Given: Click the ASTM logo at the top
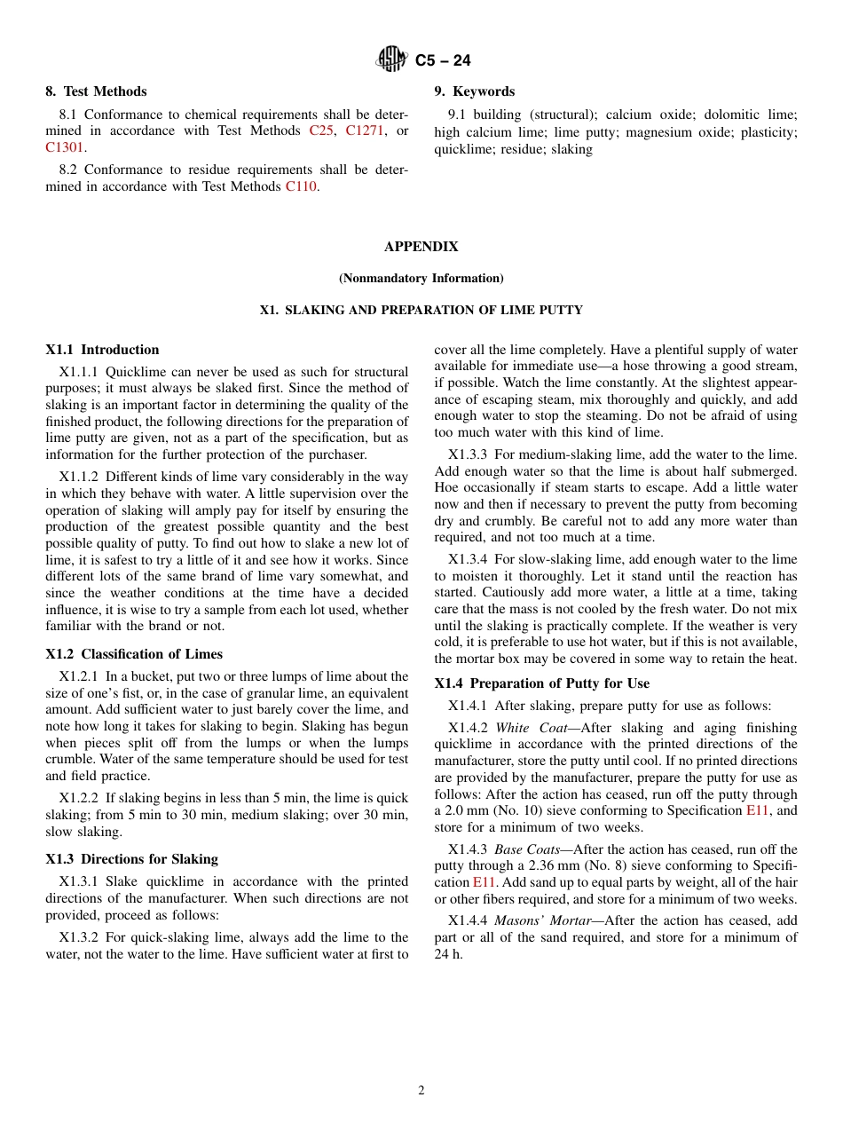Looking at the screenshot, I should (390, 59).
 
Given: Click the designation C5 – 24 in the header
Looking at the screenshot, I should (443, 60).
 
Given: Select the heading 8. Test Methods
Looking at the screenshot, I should (96, 91).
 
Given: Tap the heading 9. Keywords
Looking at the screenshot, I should (474, 91).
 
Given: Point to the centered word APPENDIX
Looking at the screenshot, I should (421, 247).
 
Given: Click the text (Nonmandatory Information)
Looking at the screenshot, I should (421, 279).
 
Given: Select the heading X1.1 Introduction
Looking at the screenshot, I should (102, 350).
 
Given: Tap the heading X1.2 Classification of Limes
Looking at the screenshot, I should (134, 654).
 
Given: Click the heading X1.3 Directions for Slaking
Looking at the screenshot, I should (131, 859).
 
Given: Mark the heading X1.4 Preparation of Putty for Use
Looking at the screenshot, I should (541, 683).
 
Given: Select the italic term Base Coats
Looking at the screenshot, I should (526, 849).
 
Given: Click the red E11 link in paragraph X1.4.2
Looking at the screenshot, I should (757, 810).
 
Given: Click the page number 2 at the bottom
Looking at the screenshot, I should (421, 1091).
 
